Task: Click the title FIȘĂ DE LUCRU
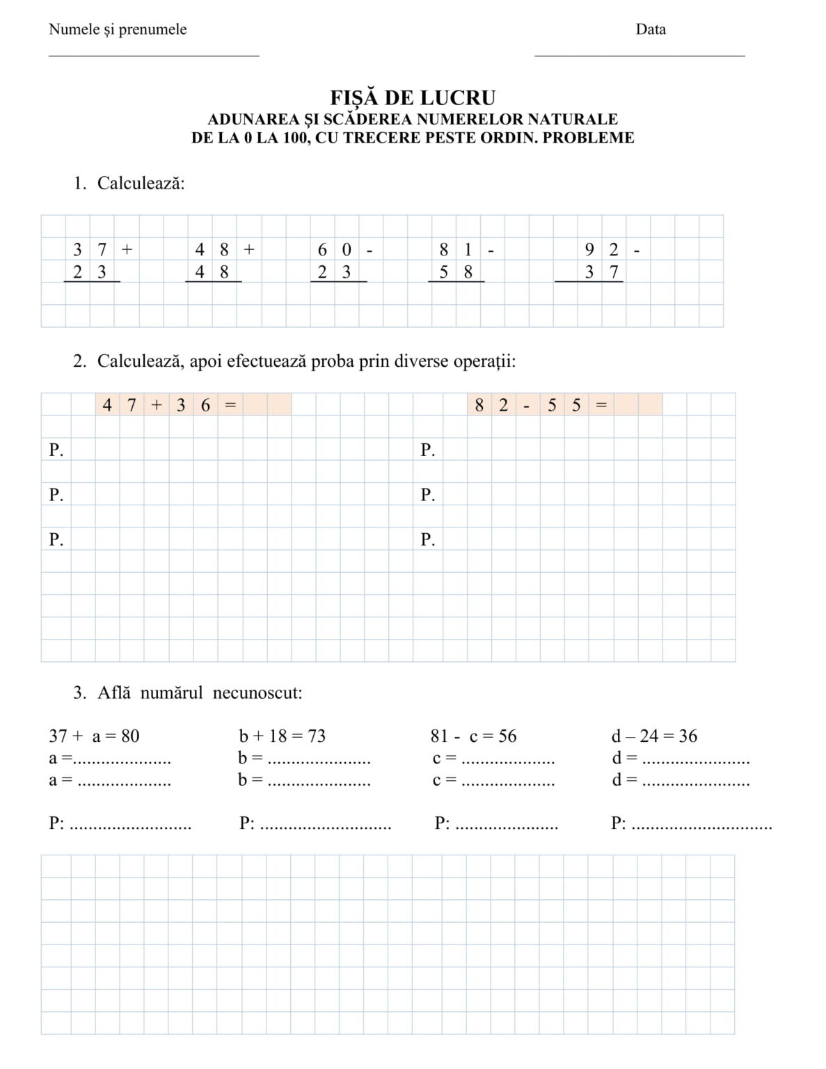tap(413, 97)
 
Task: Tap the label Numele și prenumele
tap(118, 29)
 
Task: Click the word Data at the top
tap(651, 29)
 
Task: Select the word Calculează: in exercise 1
tap(141, 183)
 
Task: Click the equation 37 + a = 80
tap(94, 736)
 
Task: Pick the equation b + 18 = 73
tap(282, 736)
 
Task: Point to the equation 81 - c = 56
tap(473, 736)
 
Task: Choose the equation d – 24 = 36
tap(654, 736)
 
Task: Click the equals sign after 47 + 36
tap(230, 404)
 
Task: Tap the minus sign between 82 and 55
tap(527, 405)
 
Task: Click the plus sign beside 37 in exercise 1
tap(127, 249)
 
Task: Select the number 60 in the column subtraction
tap(335, 249)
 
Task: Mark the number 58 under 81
tap(456, 272)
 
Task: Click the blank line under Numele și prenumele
tap(154, 55)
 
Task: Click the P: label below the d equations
tap(618, 823)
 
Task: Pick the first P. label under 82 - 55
tap(427, 450)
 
